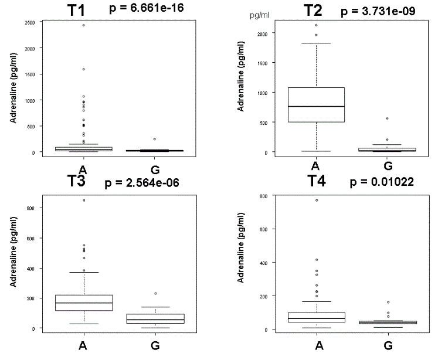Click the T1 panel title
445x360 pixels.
[x=77, y=10]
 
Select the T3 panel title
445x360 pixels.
[x=77, y=181]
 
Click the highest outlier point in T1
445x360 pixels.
[x=83, y=25]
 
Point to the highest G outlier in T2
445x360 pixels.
[x=387, y=118]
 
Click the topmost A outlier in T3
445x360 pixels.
[x=83, y=200]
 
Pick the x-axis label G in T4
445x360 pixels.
[x=388, y=346]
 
